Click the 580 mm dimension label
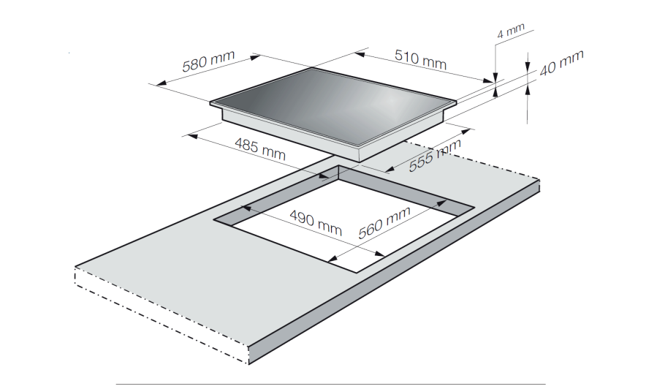pyautogui.click(x=208, y=61)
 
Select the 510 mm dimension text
pyautogui.click(x=420, y=59)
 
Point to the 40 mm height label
pyautogui.click(x=561, y=63)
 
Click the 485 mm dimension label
pyautogui.click(x=260, y=148)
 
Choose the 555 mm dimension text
pyautogui.click(x=435, y=155)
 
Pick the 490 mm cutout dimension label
pyautogui.click(x=316, y=222)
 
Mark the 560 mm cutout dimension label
pyautogui.click(x=384, y=222)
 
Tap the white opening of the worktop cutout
pyautogui.click(x=343, y=224)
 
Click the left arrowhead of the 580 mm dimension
pyautogui.click(x=161, y=83)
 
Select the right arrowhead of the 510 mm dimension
pyautogui.click(x=488, y=80)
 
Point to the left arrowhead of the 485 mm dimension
pyautogui.click(x=192, y=136)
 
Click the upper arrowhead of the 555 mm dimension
pyautogui.click(x=465, y=132)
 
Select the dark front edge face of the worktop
pyautogui.click(x=395, y=271)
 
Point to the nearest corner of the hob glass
pyautogui.click(x=359, y=147)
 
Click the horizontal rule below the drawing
pyautogui.click(x=331, y=385)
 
